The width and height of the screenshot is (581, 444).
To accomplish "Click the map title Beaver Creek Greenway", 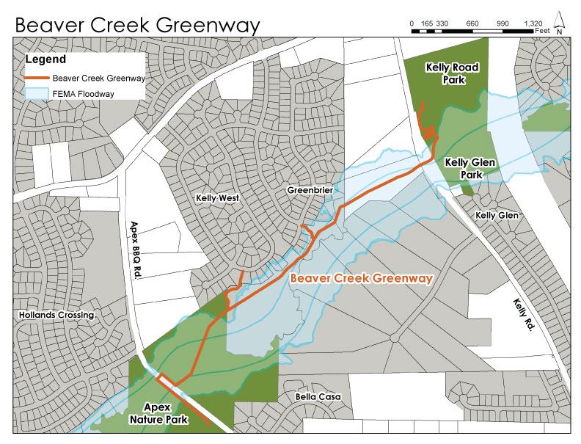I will click(137, 25).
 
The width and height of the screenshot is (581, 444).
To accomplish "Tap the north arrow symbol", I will click(560, 23).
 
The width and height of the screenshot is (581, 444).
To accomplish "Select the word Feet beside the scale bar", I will click(543, 32).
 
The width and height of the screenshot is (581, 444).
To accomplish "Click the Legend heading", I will click(45, 59).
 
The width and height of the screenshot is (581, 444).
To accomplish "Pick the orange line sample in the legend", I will click(37, 77).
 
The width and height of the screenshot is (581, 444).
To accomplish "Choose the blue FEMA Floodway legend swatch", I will click(37, 93).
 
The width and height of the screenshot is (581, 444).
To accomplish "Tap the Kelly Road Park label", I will click(452, 74).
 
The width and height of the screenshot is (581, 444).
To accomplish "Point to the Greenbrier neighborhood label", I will click(310, 190).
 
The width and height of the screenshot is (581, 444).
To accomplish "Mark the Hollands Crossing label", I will click(58, 315).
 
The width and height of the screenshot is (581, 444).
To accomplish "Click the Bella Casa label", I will click(318, 397).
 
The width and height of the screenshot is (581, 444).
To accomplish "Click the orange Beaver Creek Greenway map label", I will click(362, 279).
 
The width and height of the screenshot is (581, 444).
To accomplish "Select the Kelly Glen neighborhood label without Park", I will click(497, 215).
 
